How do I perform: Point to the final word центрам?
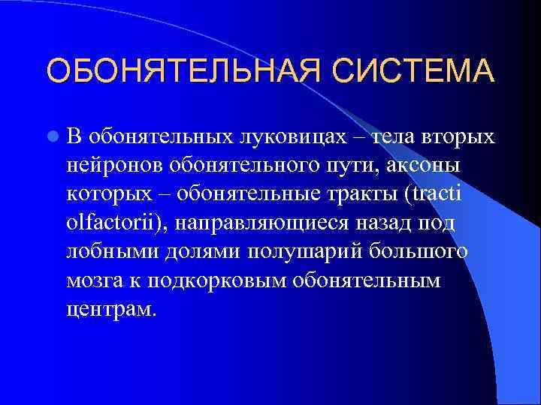110,308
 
